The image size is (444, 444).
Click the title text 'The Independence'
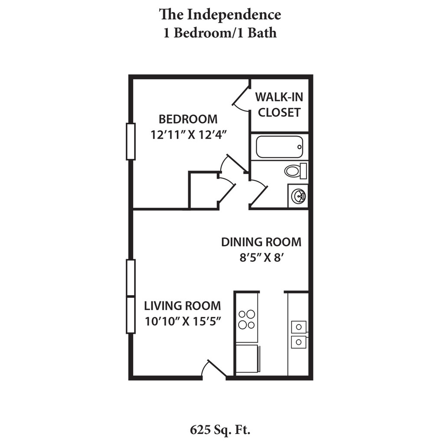point(220,14)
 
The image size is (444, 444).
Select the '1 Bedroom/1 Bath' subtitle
point(220,33)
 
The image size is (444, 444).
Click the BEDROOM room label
point(188,118)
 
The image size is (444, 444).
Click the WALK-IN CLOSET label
point(279,104)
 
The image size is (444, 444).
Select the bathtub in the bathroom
point(278,147)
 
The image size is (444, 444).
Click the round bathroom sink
point(298,196)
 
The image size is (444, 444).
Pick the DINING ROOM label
point(261,242)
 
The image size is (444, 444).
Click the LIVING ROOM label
point(182,306)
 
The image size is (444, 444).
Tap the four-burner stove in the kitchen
point(246,320)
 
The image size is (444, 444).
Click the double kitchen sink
point(298,334)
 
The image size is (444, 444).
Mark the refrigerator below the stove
point(247,359)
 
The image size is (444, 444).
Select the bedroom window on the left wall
point(131,141)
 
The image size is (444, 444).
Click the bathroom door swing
point(258,194)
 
